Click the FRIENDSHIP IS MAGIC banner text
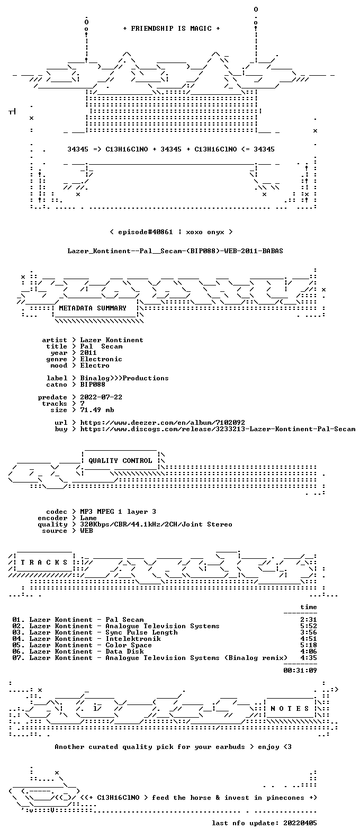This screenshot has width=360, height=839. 172,29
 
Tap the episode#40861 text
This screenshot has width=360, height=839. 146,232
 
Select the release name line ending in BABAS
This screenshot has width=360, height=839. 175,251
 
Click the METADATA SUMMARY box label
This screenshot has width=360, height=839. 93,308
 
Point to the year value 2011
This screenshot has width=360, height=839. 88,352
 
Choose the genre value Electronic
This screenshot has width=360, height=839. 101,359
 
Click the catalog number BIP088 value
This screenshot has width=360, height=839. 93,385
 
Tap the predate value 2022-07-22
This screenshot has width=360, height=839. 101,397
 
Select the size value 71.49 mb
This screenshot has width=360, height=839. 97,410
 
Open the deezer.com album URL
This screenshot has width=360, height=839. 163,423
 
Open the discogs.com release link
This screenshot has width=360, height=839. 218,429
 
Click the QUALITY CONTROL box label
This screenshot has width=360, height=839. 120,461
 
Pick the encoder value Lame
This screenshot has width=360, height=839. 88,518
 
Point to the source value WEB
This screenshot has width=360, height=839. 86,531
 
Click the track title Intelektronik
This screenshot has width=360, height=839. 133,639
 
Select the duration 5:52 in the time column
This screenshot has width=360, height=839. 308,626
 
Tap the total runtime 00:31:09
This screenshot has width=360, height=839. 300,670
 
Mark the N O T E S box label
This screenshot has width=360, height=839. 290,708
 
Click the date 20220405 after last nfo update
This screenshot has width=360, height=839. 300,823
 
